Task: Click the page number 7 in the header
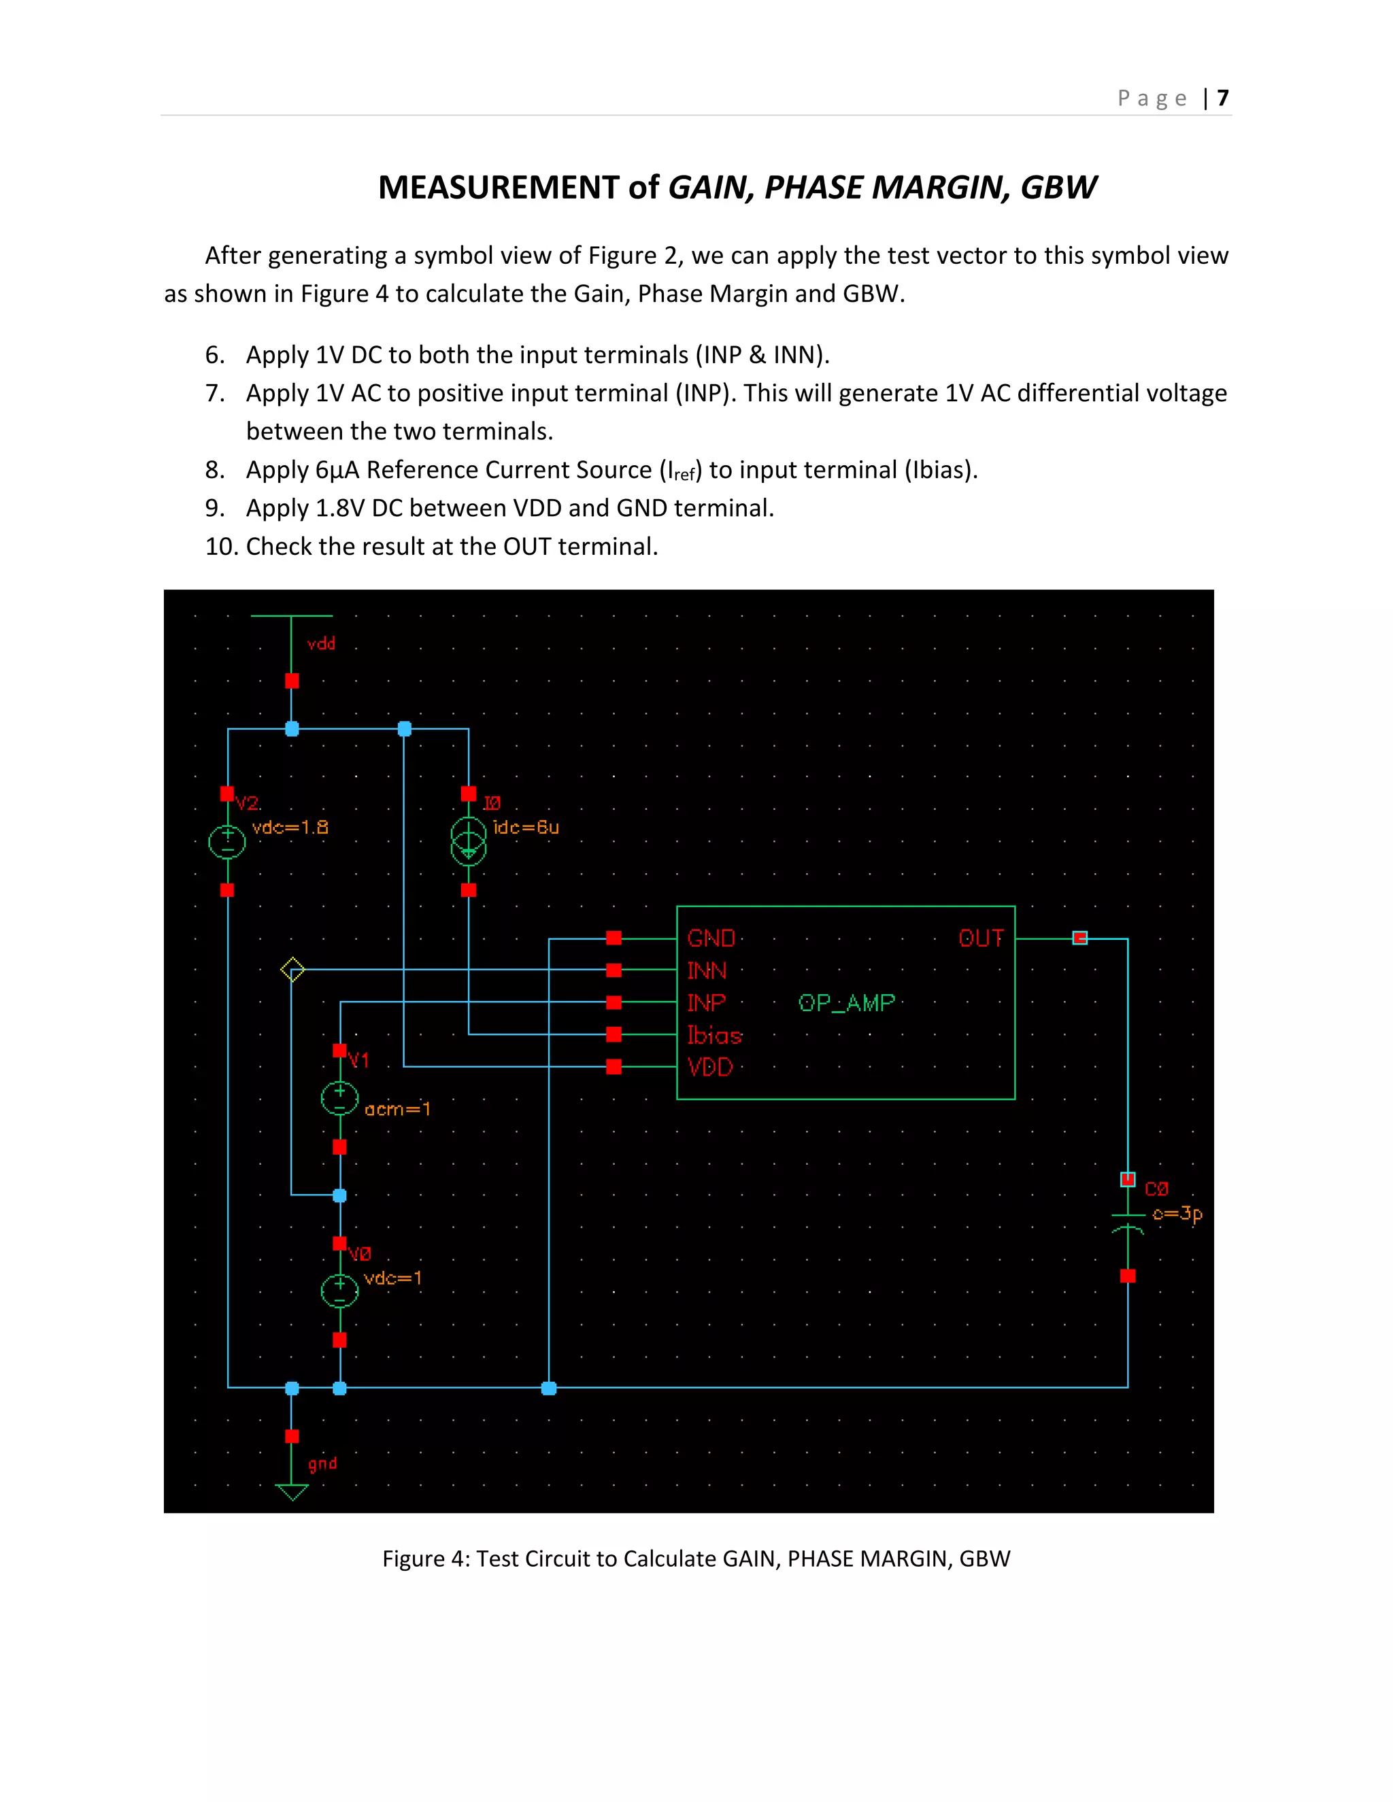1222,98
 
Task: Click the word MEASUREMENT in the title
498,188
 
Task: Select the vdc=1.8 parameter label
290,827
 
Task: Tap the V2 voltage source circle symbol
227,842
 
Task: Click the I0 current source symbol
468,842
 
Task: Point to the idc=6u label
526,827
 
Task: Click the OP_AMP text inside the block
846,1002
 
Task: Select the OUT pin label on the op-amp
980,938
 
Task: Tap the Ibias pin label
715,1035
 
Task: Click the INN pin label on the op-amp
707,970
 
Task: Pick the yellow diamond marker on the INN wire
292,970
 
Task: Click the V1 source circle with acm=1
339,1098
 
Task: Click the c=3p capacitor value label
1177,1214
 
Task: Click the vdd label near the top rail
321,643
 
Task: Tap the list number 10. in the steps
221,546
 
